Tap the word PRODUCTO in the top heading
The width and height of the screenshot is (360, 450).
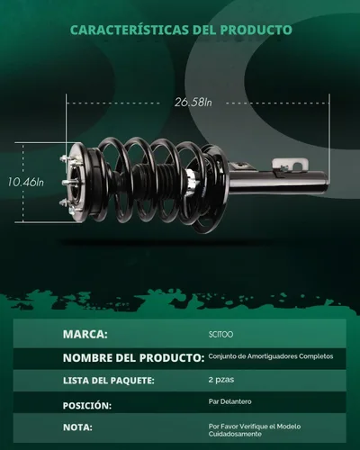click(256, 30)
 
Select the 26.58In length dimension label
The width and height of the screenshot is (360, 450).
click(193, 103)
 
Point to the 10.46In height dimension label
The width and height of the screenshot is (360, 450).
click(25, 182)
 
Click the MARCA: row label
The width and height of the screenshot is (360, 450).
click(85, 334)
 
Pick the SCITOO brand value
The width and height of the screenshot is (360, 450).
click(220, 335)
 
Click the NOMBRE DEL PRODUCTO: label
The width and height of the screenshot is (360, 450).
click(133, 357)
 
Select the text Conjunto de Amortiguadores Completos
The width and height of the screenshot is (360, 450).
click(271, 356)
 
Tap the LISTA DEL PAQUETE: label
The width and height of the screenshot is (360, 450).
click(109, 381)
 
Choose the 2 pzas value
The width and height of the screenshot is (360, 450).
click(221, 380)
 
